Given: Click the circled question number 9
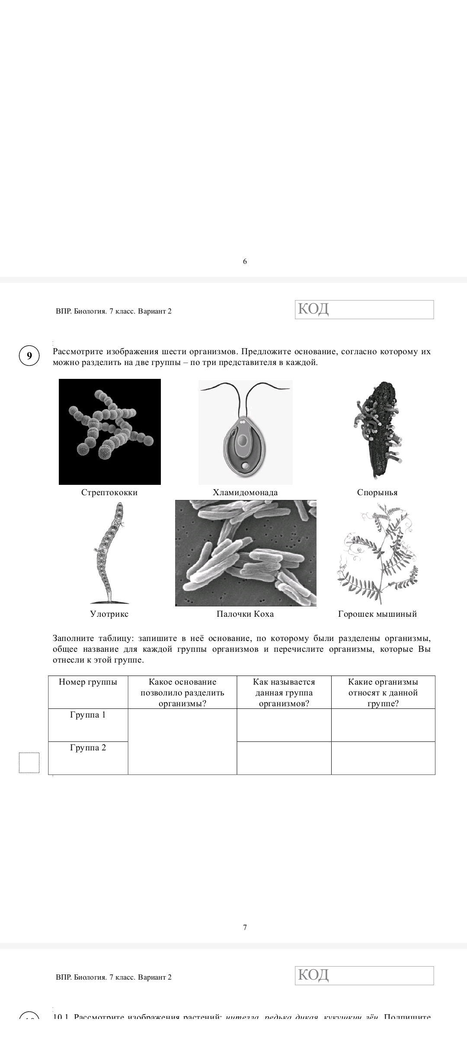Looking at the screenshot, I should tap(29, 356).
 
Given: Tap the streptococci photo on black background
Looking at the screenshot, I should tap(110, 432).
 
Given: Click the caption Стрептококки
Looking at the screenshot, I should tap(109, 492).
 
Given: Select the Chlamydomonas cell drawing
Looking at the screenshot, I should tap(245, 432).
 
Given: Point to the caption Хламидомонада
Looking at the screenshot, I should tap(245, 492).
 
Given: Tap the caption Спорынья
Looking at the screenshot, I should tap(377, 492).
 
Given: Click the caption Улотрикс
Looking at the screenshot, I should tap(109, 614).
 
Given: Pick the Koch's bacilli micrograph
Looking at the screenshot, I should tap(246, 553).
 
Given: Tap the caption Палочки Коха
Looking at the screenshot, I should tap(245, 614).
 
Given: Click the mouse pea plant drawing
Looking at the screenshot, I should tap(377, 554).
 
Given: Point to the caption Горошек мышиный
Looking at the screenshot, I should tap(377, 614).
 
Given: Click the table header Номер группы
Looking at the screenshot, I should tap(88, 682).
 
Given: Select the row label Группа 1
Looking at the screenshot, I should tap(88, 715).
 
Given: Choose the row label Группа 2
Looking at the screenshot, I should tap(88, 748).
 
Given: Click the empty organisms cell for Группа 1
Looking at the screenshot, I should tap(383, 725).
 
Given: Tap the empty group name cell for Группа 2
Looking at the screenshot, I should tap(284, 758).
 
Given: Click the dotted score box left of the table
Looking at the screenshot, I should tap(29, 762).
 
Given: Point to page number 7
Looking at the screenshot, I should tap(245, 927).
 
